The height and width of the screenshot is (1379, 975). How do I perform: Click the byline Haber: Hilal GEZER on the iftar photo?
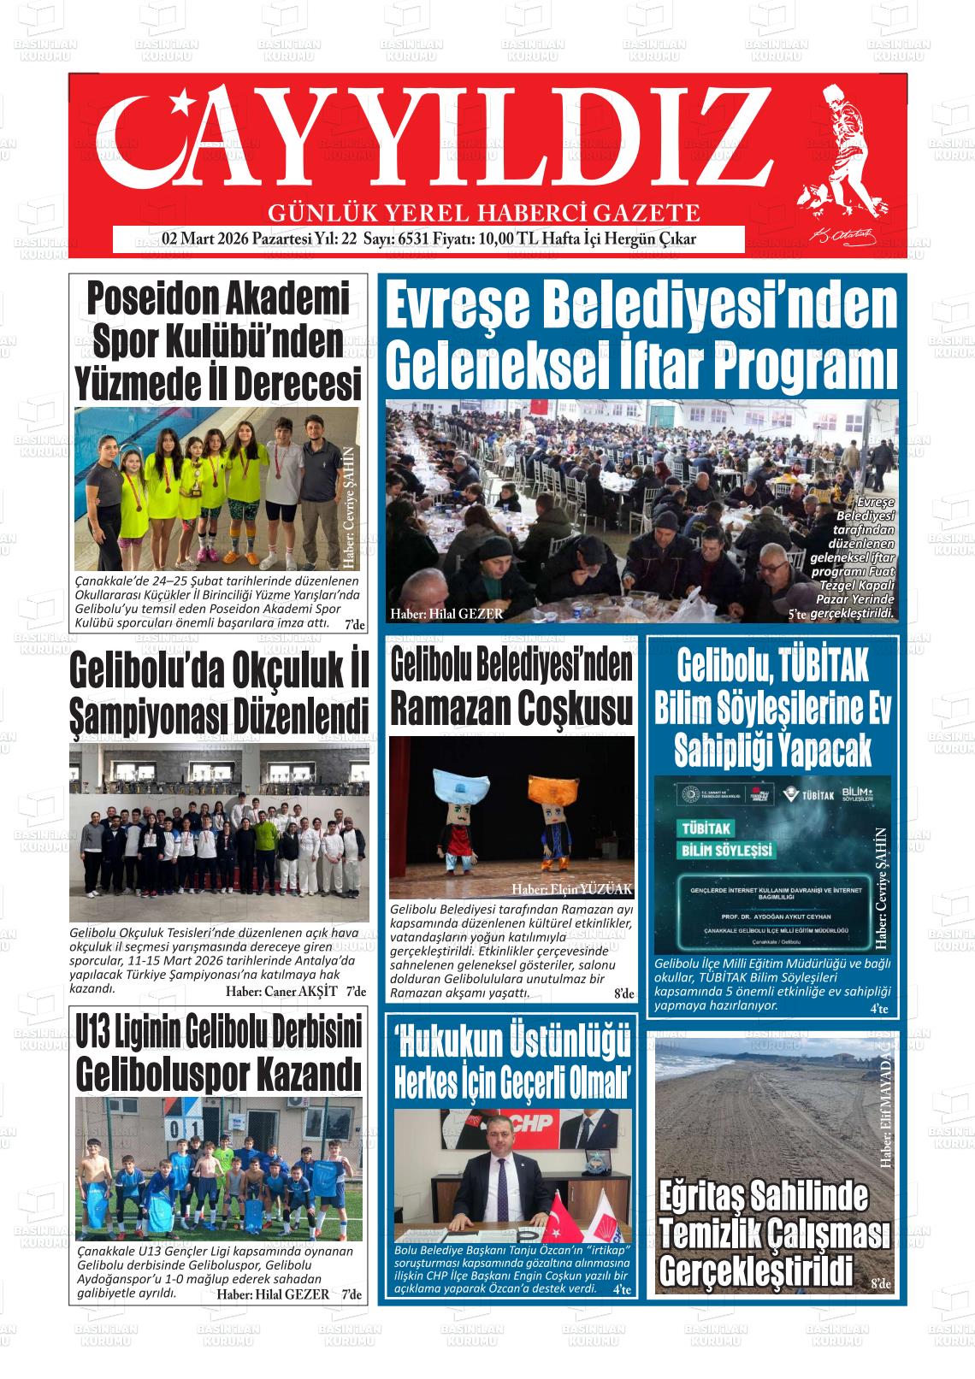446,614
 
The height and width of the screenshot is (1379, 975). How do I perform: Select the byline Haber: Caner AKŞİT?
282,992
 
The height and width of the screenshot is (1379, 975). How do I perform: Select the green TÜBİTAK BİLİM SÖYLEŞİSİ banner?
727,840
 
